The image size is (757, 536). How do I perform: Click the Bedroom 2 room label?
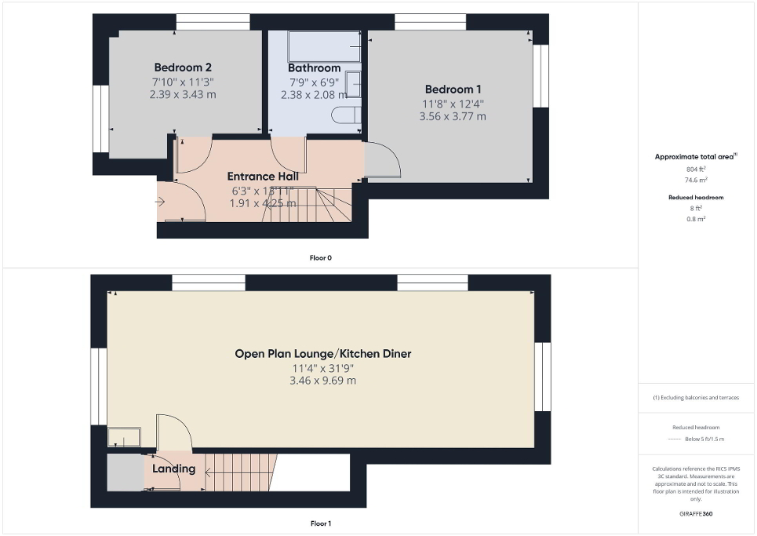[182, 67]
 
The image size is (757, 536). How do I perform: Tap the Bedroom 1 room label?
[453, 89]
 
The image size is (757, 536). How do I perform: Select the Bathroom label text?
[314, 68]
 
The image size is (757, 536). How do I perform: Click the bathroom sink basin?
[353, 83]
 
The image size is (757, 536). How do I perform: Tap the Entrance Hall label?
[262, 177]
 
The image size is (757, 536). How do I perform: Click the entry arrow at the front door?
[161, 202]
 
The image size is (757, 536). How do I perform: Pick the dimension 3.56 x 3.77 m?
[453, 116]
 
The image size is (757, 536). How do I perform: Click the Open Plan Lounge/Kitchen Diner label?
[323, 354]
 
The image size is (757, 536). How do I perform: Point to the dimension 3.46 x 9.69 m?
[324, 381]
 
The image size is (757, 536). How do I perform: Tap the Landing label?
[173, 469]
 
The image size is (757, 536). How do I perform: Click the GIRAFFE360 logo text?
[696, 514]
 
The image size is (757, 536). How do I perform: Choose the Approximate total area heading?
[695, 157]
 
